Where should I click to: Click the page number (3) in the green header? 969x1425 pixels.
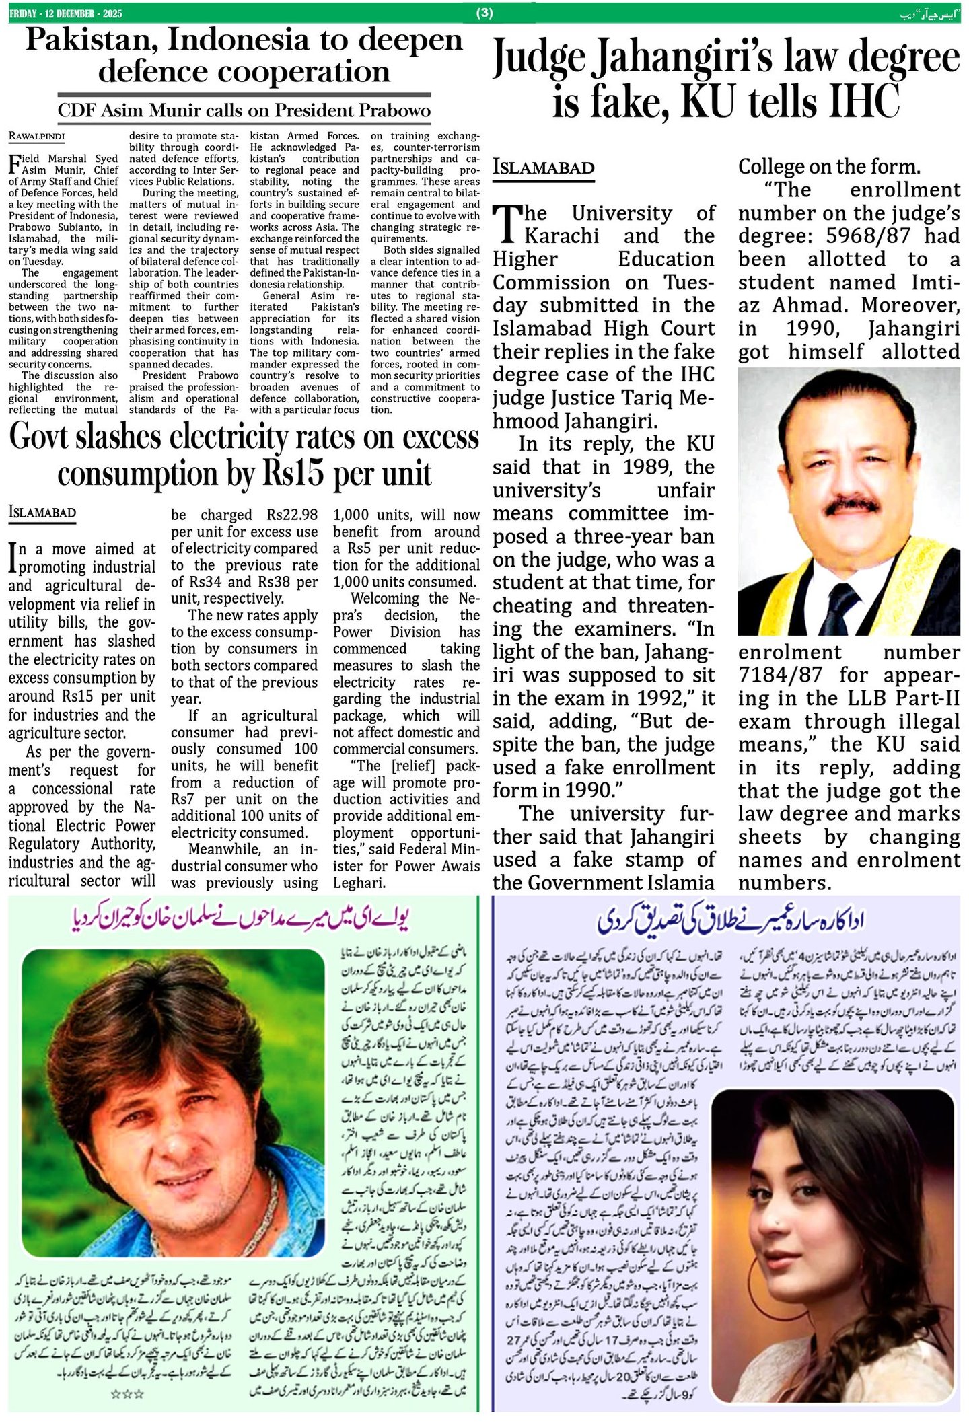pos(485,11)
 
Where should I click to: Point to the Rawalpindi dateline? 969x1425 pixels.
pos(36,136)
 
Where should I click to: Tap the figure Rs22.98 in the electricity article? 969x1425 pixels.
pos(292,515)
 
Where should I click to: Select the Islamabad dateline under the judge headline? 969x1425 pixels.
pos(543,168)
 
